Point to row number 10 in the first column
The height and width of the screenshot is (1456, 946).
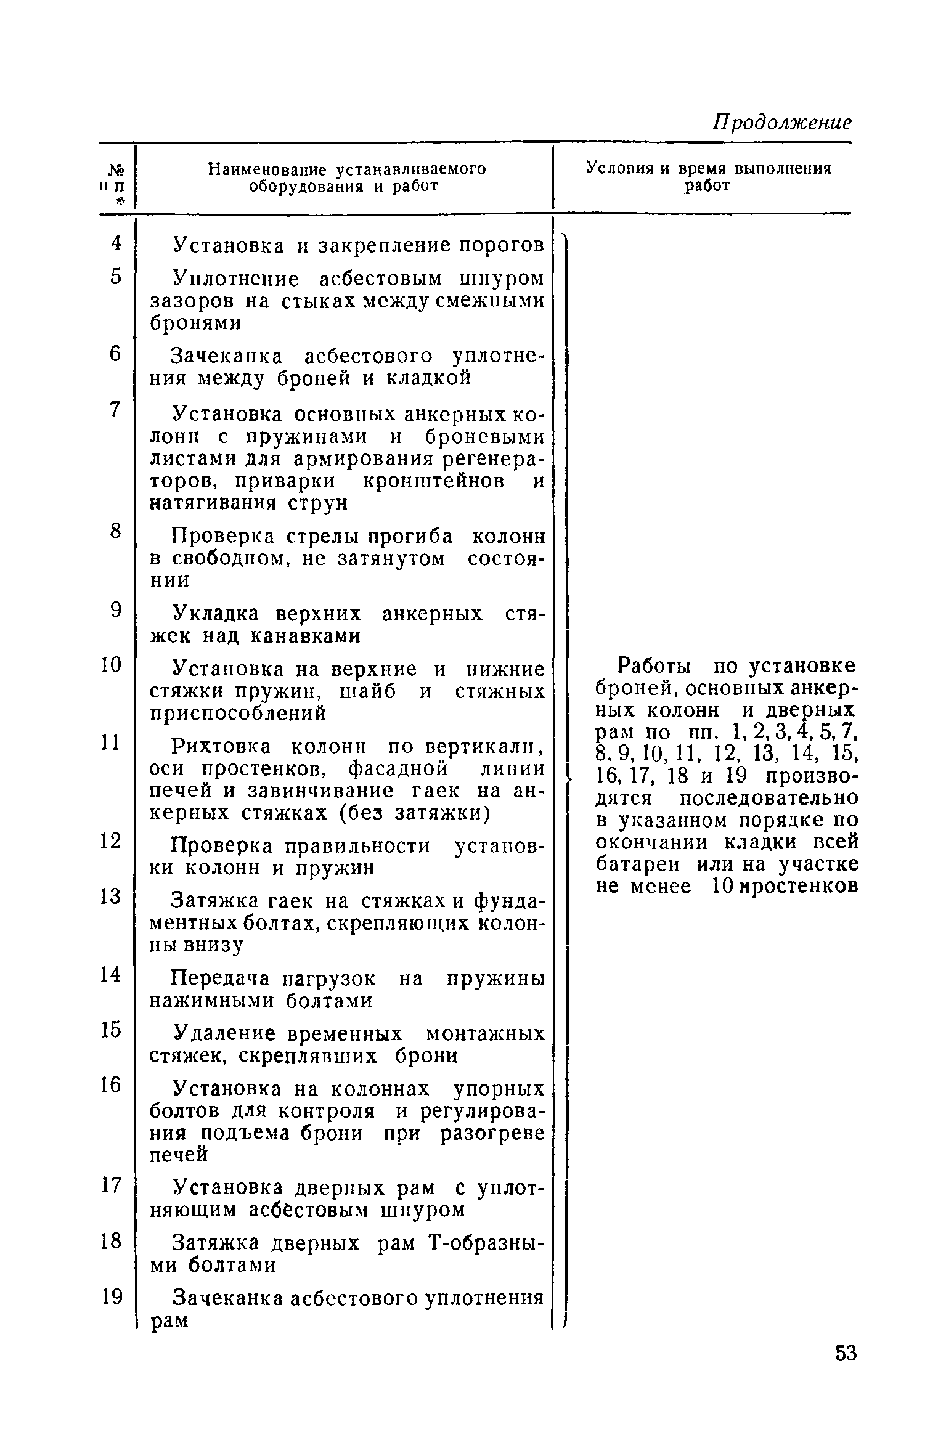[x=112, y=665]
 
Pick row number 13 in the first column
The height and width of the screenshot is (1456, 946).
[x=112, y=895]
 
